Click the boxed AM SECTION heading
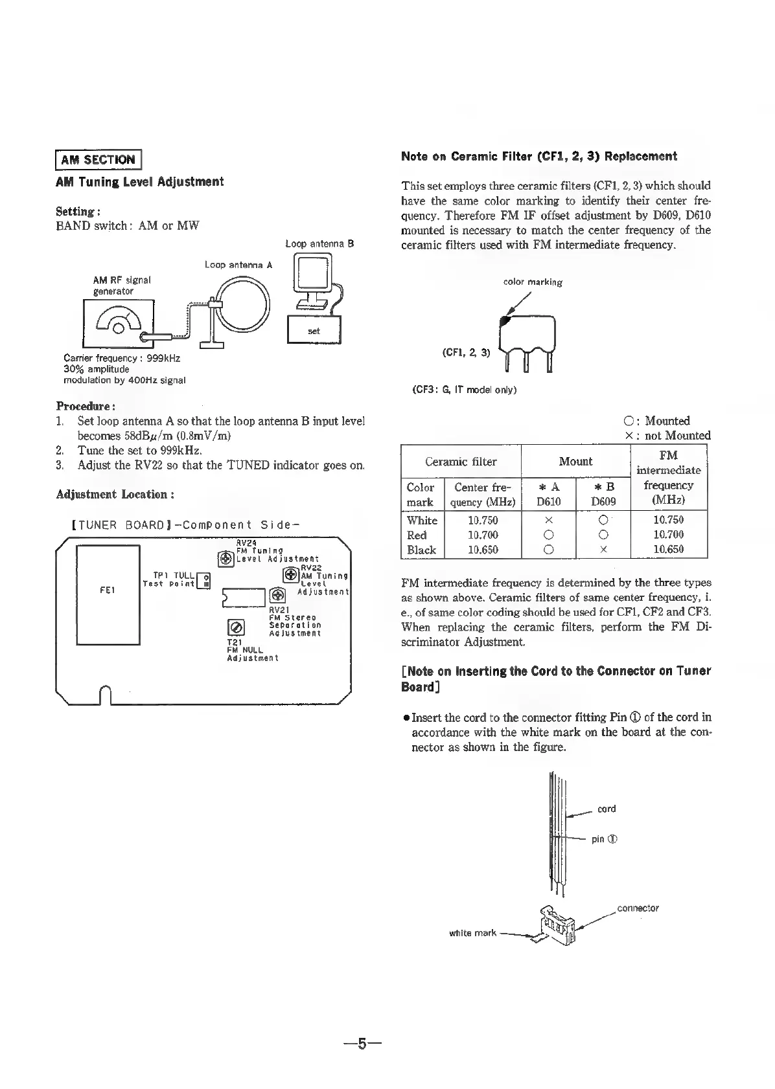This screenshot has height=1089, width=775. (x=98, y=159)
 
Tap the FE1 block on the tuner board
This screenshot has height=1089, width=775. (x=108, y=590)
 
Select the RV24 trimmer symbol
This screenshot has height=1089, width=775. (x=226, y=558)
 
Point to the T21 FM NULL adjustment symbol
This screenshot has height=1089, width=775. (x=236, y=627)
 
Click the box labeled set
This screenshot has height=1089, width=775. (x=314, y=330)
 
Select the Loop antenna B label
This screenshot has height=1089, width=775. (x=319, y=244)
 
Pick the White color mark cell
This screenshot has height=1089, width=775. (x=422, y=520)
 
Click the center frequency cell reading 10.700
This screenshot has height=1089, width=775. (x=483, y=535)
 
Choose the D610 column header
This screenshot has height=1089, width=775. (x=548, y=501)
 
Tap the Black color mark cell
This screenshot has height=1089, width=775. (x=421, y=550)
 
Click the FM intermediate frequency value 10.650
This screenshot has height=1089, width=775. (x=668, y=550)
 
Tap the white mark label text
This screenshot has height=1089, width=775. (x=472, y=933)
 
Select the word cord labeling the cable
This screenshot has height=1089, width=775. (x=607, y=809)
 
